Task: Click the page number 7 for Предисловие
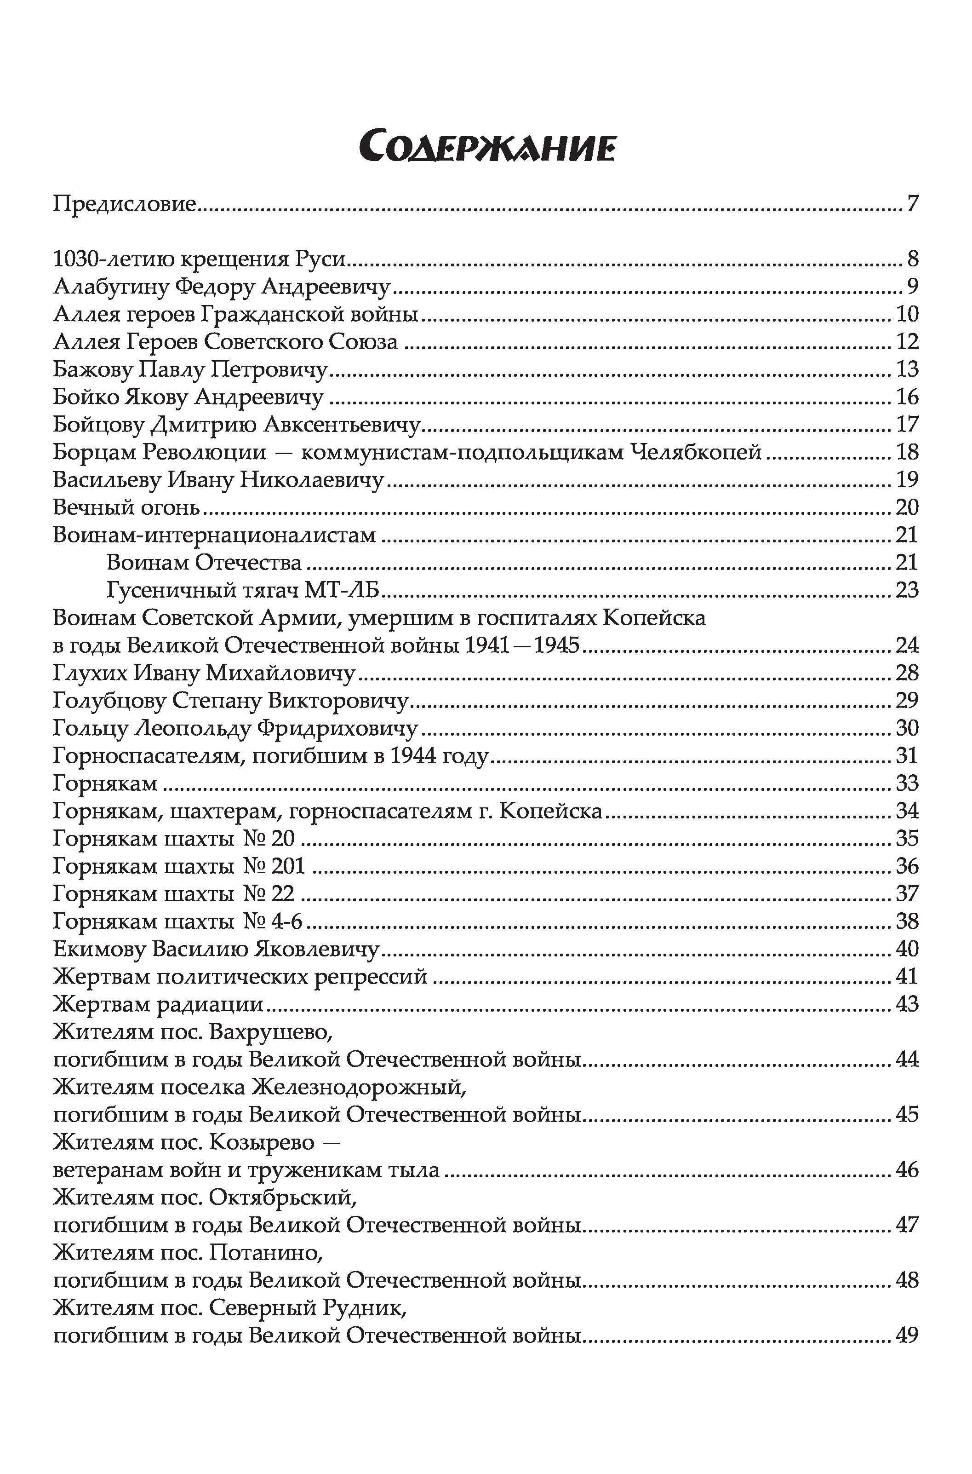tap(912, 204)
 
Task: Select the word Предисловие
tap(125, 204)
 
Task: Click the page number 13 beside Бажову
tap(907, 369)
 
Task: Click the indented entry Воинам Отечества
tap(204, 563)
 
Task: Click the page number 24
tap(907, 645)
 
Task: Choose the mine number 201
tap(288, 866)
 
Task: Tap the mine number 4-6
tap(287, 921)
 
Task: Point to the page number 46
tap(907, 1170)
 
